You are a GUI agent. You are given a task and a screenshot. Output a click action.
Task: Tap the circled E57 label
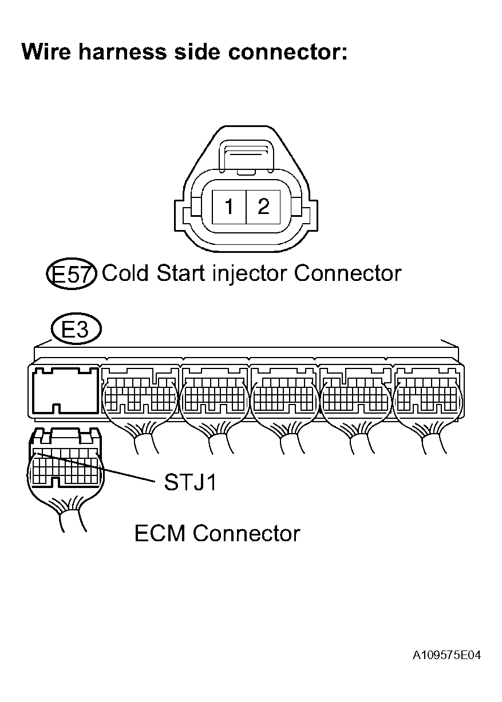pos(72,275)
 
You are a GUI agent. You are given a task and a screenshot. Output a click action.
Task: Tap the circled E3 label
pos(76,330)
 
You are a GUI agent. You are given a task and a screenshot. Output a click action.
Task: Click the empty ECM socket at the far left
pos(64,391)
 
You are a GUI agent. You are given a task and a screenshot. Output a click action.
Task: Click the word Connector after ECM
pos(246,534)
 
